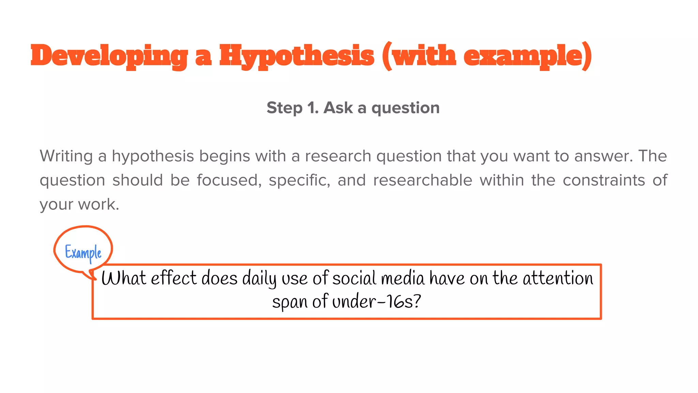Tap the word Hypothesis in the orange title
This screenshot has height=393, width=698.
[x=297, y=56]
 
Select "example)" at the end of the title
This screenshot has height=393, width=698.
[x=528, y=56]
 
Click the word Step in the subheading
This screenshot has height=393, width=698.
[x=284, y=108]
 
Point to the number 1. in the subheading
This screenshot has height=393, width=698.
[x=313, y=108]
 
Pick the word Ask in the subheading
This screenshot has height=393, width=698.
[x=338, y=108]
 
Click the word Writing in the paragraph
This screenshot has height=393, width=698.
[x=66, y=156]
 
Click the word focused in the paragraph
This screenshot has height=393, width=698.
[x=229, y=180]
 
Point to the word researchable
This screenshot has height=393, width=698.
[x=423, y=180]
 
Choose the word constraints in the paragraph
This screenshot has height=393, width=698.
[x=604, y=180]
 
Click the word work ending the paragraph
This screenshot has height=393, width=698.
[x=98, y=204]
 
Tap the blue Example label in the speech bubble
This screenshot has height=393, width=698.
[x=83, y=253]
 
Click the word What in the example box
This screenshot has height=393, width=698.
[x=124, y=278]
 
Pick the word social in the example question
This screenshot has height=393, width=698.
[x=354, y=278]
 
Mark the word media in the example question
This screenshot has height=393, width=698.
[x=403, y=278]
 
